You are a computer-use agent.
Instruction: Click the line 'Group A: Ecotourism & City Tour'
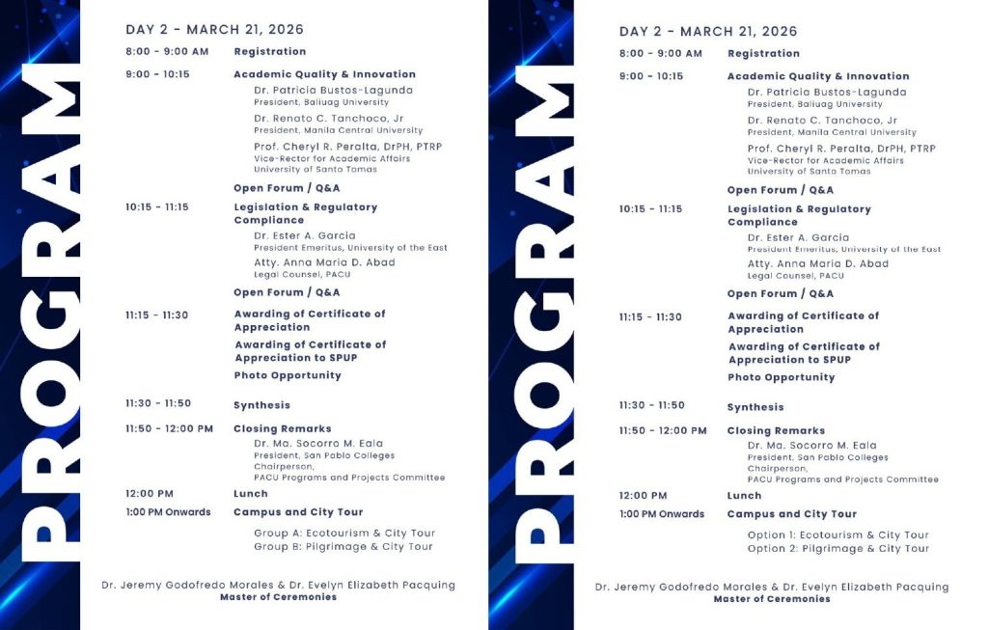(343, 533)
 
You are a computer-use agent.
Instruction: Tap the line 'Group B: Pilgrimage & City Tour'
(343, 547)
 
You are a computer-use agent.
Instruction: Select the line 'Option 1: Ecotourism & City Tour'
(837, 534)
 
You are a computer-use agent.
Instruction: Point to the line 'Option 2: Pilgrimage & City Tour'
(837, 549)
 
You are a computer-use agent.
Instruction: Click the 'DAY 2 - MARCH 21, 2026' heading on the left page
(214, 30)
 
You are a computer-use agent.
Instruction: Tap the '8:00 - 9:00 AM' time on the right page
(660, 54)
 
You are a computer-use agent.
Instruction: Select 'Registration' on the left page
(269, 52)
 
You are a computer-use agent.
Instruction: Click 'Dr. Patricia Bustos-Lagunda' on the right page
(826, 93)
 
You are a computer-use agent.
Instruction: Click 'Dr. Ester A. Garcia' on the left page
(304, 235)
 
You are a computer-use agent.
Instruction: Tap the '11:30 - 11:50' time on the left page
(158, 404)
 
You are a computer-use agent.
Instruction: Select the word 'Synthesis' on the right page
(755, 407)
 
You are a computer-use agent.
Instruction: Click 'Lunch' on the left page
(250, 494)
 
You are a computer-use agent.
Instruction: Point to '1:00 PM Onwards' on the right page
(661, 514)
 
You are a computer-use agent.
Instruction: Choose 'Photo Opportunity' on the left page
(287, 375)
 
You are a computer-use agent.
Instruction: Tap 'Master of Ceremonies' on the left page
(278, 597)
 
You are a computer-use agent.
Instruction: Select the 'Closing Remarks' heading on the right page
(776, 431)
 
